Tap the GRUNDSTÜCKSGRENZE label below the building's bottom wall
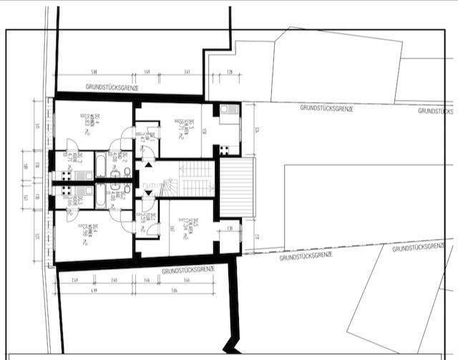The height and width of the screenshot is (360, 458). pyautogui.click(x=189, y=270)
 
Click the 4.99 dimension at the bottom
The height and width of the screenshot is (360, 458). pyautogui.click(x=94, y=291)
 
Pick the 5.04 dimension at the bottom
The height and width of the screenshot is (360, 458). pyautogui.click(x=186, y=291)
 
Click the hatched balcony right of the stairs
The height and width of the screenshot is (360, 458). pyautogui.click(x=237, y=188)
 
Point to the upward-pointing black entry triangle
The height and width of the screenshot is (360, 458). pyautogui.click(x=148, y=164)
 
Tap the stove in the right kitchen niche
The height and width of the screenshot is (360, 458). pyautogui.click(x=224, y=150)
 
